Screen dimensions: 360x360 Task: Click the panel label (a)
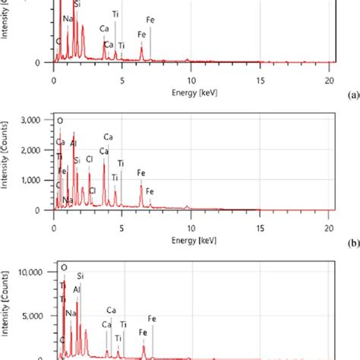[x=352, y=96]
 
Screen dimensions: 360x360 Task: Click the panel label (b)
[x=352, y=245]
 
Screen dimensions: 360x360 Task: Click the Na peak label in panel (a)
[x=69, y=17]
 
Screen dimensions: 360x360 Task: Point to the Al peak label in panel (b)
[x=74, y=143]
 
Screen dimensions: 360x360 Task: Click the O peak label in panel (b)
[x=61, y=121]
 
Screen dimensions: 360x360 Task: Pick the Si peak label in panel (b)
[x=77, y=160]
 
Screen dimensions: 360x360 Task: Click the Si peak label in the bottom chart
[x=80, y=278]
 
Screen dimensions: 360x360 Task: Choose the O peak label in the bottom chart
[x=64, y=267]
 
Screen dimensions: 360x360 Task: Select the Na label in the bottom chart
[x=71, y=311]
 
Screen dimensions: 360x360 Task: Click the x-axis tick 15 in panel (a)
[x=261, y=79]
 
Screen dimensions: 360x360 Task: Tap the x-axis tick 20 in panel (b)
[x=329, y=226]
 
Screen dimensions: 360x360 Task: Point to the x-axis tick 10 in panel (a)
[x=191, y=79]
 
